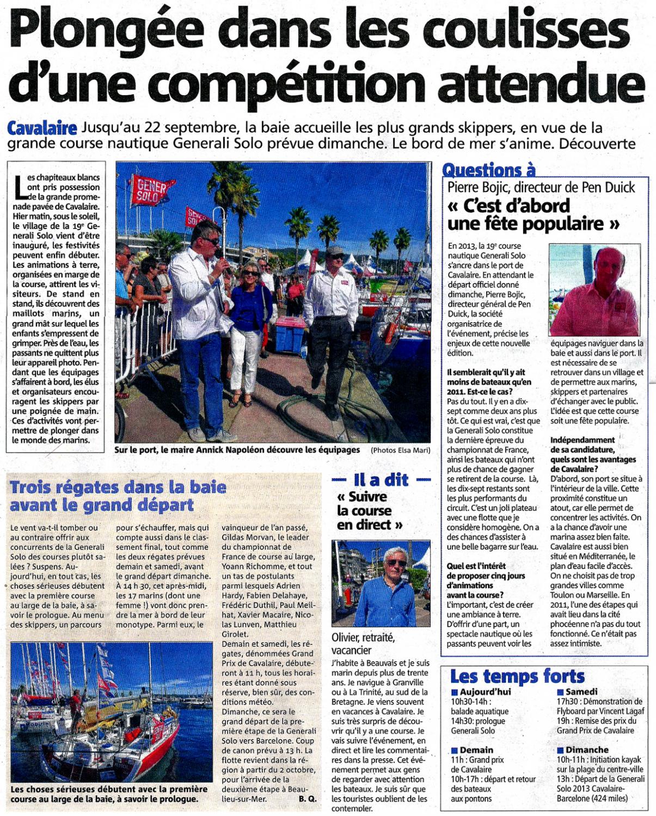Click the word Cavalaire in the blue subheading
(x=42, y=128)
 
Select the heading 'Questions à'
(x=488, y=170)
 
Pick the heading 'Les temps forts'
(x=517, y=676)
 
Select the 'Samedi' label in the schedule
(x=581, y=691)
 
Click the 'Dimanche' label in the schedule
(x=586, y=750)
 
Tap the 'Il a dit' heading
(x=381, y=480)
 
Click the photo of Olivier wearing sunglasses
(x=381, y=583)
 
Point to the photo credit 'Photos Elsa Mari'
(x=400, y=450)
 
